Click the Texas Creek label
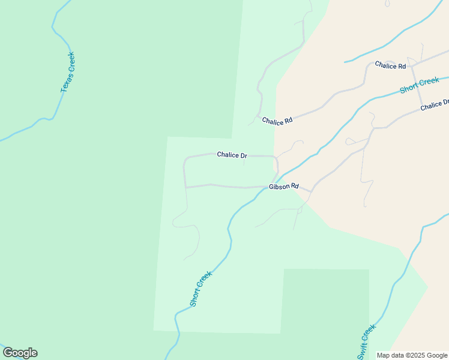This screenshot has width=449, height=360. [67, 73]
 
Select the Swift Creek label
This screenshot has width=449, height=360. [366, 342]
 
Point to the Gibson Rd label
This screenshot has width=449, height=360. [283, 187]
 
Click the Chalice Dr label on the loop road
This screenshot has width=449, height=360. [232, 155]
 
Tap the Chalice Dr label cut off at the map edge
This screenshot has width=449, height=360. [435, 106]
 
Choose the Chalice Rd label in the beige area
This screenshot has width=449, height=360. [390, 65]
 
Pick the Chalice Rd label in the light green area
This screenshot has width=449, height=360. [277, 121]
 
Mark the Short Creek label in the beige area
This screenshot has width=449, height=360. [420, 85]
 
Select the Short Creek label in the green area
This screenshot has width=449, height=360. [200, 289]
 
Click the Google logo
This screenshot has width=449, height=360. [20, 353]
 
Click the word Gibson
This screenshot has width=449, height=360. [279, 187]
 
